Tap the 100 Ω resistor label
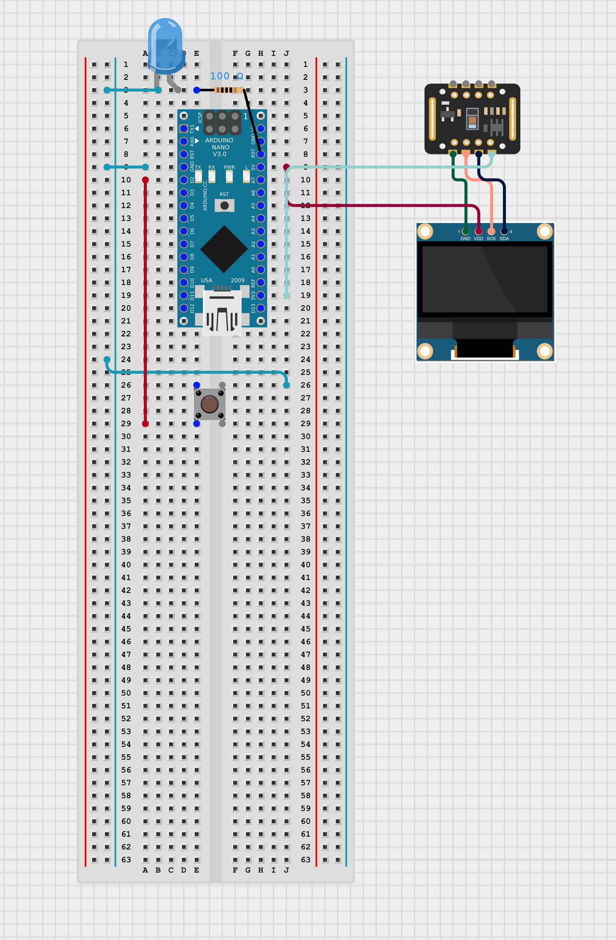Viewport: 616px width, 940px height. point(226,76)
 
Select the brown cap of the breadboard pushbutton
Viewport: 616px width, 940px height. point(209,404)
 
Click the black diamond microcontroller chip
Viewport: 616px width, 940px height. point(224,249)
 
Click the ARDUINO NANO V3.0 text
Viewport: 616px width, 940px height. point(219,147)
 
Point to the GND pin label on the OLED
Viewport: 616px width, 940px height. point(465,238)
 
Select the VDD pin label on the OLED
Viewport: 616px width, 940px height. point(478,238)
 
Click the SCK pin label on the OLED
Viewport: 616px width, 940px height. point(491,238)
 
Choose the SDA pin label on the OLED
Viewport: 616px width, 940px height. point(504,238)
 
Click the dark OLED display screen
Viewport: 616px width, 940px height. point(484,279)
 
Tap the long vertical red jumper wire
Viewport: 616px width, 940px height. point(145,300)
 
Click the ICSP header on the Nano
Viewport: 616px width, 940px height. point(222,123)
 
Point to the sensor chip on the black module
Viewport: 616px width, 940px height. point(472,118)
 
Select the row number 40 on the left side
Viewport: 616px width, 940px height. point(126,565)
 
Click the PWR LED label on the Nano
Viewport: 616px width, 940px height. point(229,168)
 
